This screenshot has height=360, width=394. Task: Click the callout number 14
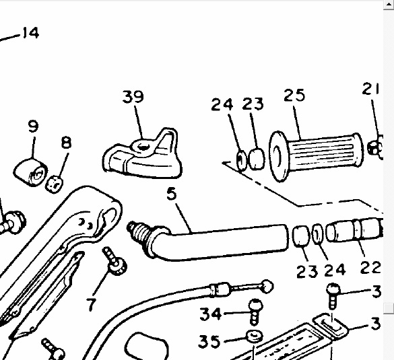(x=31, y=33)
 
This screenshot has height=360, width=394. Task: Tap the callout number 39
(x=133, y=97)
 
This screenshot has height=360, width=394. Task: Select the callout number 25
(x=294, y=95)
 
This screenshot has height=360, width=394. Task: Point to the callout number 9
(x=33, y=127)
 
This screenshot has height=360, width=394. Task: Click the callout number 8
(x=66, y=143)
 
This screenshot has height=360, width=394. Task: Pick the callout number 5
(x=172, y=194)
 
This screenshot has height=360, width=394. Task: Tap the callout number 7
(x=91, y=305)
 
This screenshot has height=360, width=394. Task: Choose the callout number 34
(x=211, y=314)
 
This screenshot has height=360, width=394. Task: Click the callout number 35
(x=209, y=341)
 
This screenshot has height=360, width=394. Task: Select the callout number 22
(x=370, y=267)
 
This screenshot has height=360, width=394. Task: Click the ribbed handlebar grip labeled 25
(x=316, y=156)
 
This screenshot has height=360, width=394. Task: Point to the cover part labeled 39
(x=142, y=154)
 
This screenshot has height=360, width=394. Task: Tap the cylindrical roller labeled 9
(x=30, y=172)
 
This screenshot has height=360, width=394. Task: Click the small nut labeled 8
(x=54, y=184)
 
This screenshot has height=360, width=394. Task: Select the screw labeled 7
(x=114, y=261)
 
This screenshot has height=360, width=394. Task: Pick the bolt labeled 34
(x=255, y=312)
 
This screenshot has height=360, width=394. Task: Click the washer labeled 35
(x=255, y=336)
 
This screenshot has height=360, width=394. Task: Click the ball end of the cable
(x=267, y=287)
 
